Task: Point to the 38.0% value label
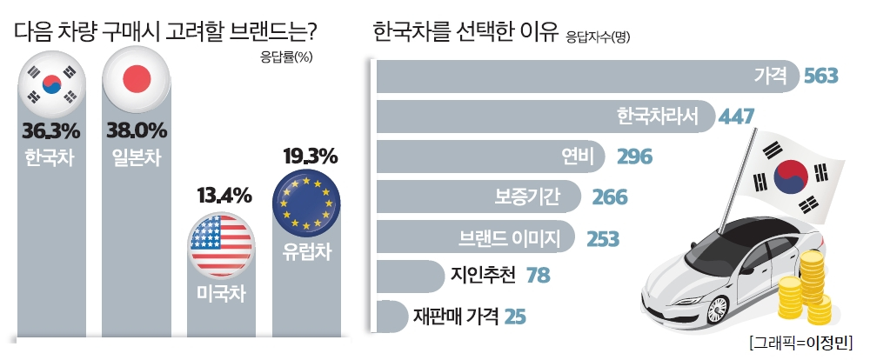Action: coord(135,132)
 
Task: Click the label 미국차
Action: coord(221,295)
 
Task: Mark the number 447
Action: coord(735,117)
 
